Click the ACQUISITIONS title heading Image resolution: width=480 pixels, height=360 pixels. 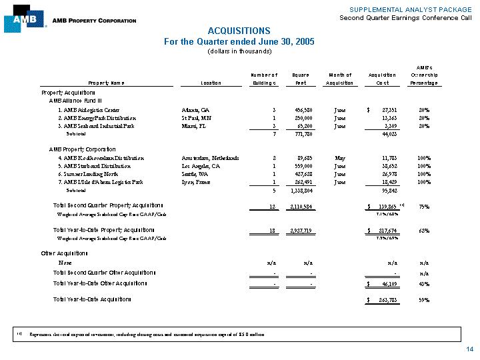pos(239,31)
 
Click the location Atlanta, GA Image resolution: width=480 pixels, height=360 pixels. pos(195,109)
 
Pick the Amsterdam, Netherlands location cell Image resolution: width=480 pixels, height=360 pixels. pos(210,158)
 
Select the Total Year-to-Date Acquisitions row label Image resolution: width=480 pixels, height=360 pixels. pos(92,299)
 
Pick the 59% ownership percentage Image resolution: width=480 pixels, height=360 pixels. pos(424,299)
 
